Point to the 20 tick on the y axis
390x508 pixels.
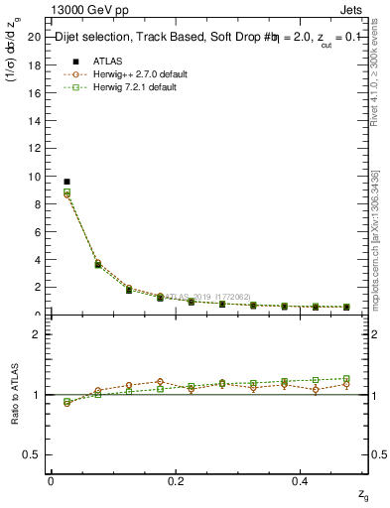pos(35,37)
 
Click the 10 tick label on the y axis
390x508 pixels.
pos(35,177)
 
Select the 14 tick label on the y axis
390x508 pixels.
pos(35,121)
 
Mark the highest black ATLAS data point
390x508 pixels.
pos(66,182)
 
